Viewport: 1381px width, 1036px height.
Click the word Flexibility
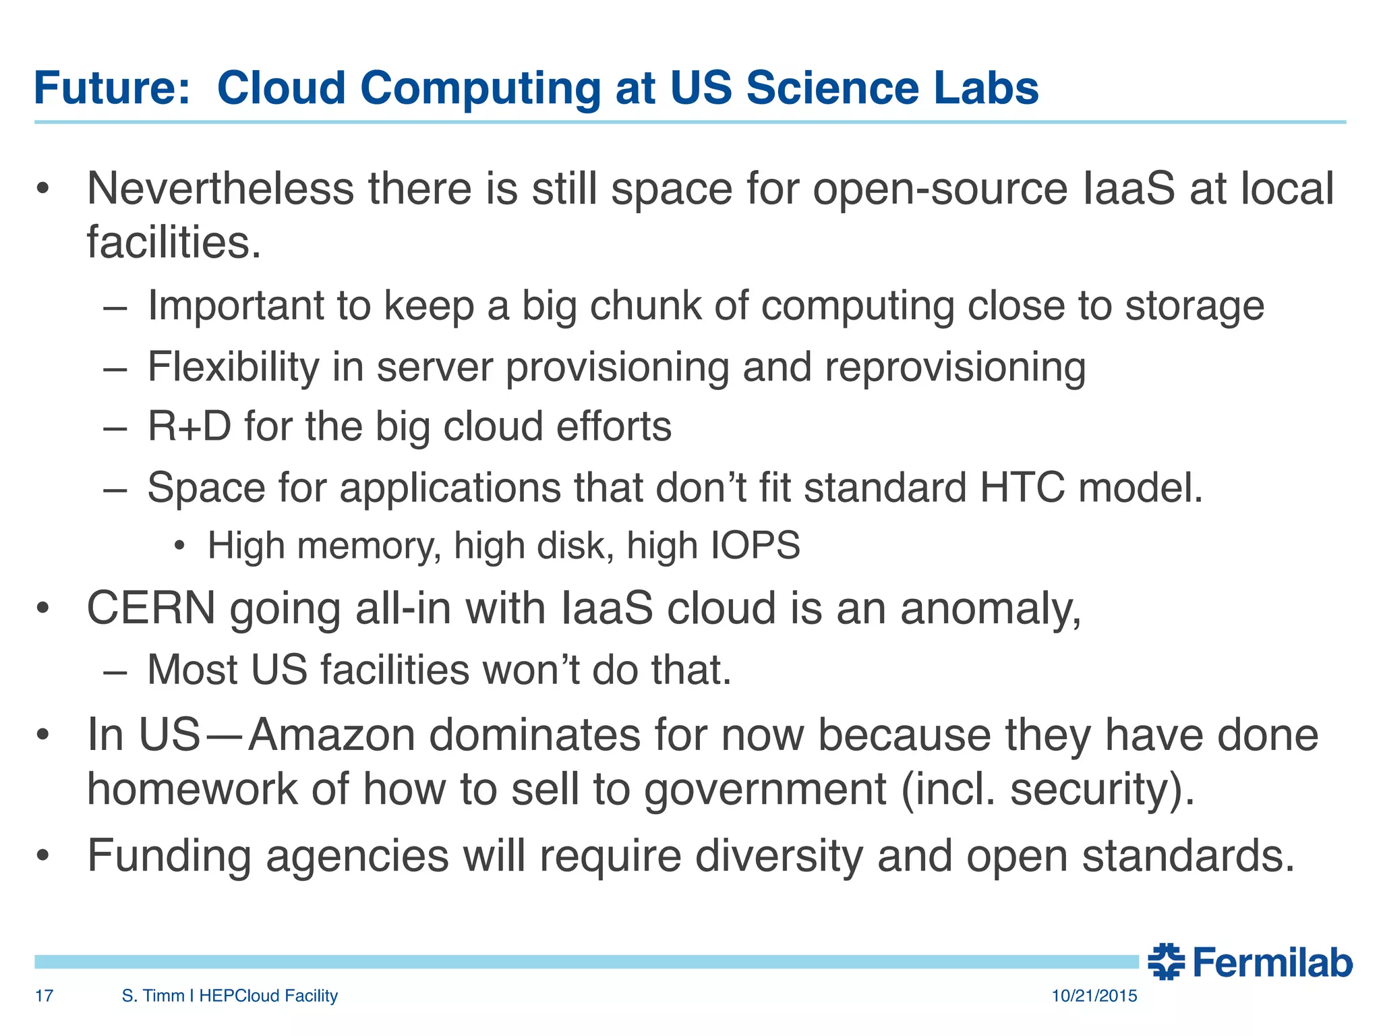[x=233, y=368]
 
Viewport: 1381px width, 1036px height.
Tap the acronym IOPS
[x=755, y=546]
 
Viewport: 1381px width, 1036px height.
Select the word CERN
[x=151, y=608]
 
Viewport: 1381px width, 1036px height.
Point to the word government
[x=765, y=790]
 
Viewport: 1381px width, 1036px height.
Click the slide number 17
[x=44, y=996]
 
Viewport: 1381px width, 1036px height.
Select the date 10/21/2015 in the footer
[x=1094, y=996]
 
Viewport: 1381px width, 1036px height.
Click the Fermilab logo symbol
[x=1166, y=962]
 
